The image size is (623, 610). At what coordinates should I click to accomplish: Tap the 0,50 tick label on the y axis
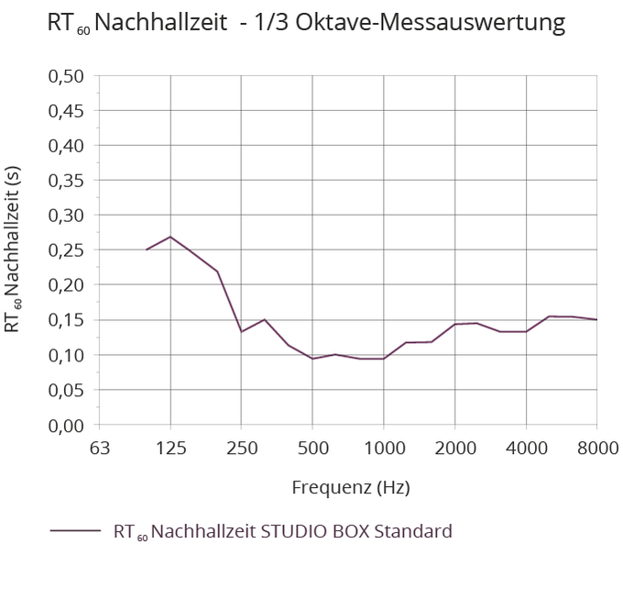pos(66,75)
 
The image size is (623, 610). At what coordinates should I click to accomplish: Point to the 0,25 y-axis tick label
pos(66,250)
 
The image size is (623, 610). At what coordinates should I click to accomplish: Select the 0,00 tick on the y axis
pos(66,425)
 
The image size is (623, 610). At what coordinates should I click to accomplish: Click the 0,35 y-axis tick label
pos(66,180)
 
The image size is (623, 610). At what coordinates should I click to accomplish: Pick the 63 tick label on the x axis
pos(99,449)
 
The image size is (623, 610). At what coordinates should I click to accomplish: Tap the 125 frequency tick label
pos(170,449)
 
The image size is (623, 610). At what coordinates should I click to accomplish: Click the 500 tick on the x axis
pos(312,449)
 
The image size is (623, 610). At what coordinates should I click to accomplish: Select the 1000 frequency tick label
pos(383,449)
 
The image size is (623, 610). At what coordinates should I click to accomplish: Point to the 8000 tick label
pos(596,449)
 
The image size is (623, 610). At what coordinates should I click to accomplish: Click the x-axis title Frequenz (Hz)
pos(350,486)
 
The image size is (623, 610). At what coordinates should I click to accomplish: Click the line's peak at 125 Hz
pos(170,237)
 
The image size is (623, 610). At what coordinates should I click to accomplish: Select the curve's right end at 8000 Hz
pos(596,319)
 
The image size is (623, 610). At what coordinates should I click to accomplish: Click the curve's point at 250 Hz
pos(241,331)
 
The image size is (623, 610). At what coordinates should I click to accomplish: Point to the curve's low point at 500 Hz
pos(312,359)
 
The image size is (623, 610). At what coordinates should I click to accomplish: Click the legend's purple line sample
pos(75,530)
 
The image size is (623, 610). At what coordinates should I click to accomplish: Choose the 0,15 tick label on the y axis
pos(66,319)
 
